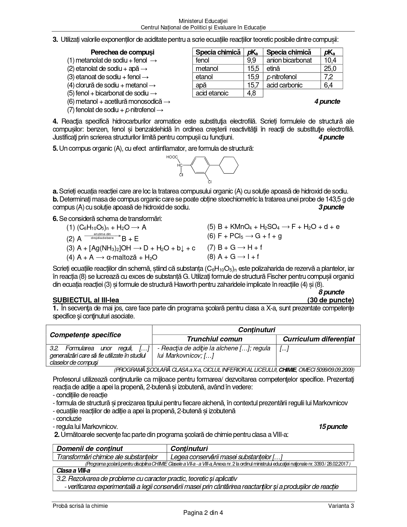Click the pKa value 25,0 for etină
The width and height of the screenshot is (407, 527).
point(330,69)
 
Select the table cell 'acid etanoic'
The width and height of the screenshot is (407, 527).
point(212,93)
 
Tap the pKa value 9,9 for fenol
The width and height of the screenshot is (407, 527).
point(251,60)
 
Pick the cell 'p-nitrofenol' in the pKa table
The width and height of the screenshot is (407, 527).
point(281,77)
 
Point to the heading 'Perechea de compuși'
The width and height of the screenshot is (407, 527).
point(122,52)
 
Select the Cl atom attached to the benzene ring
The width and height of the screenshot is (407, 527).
point(210,182)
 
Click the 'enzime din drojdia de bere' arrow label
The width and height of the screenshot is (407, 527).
point(102,236)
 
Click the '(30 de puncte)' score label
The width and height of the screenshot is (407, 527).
point(330,300)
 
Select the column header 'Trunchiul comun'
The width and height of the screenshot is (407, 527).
point(215,339)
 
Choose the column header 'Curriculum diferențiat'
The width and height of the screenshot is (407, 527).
point(319,339)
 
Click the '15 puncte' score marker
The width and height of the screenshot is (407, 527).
point(333,427)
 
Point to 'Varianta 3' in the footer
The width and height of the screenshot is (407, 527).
point(341,506)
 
